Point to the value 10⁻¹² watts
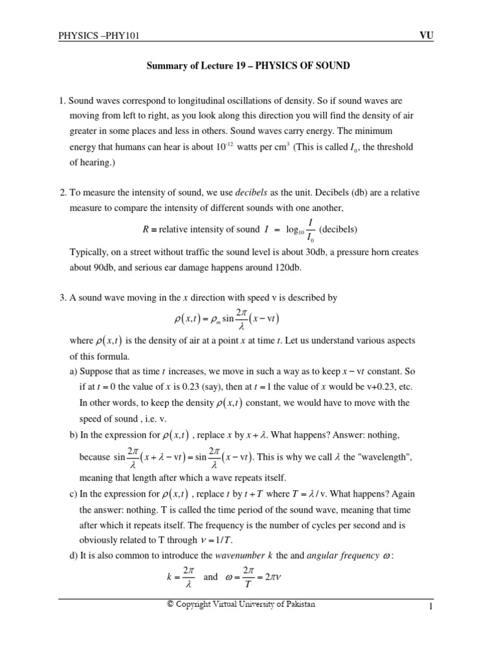(234, 147)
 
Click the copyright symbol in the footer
(170, 604)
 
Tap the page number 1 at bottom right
(429, 606)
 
